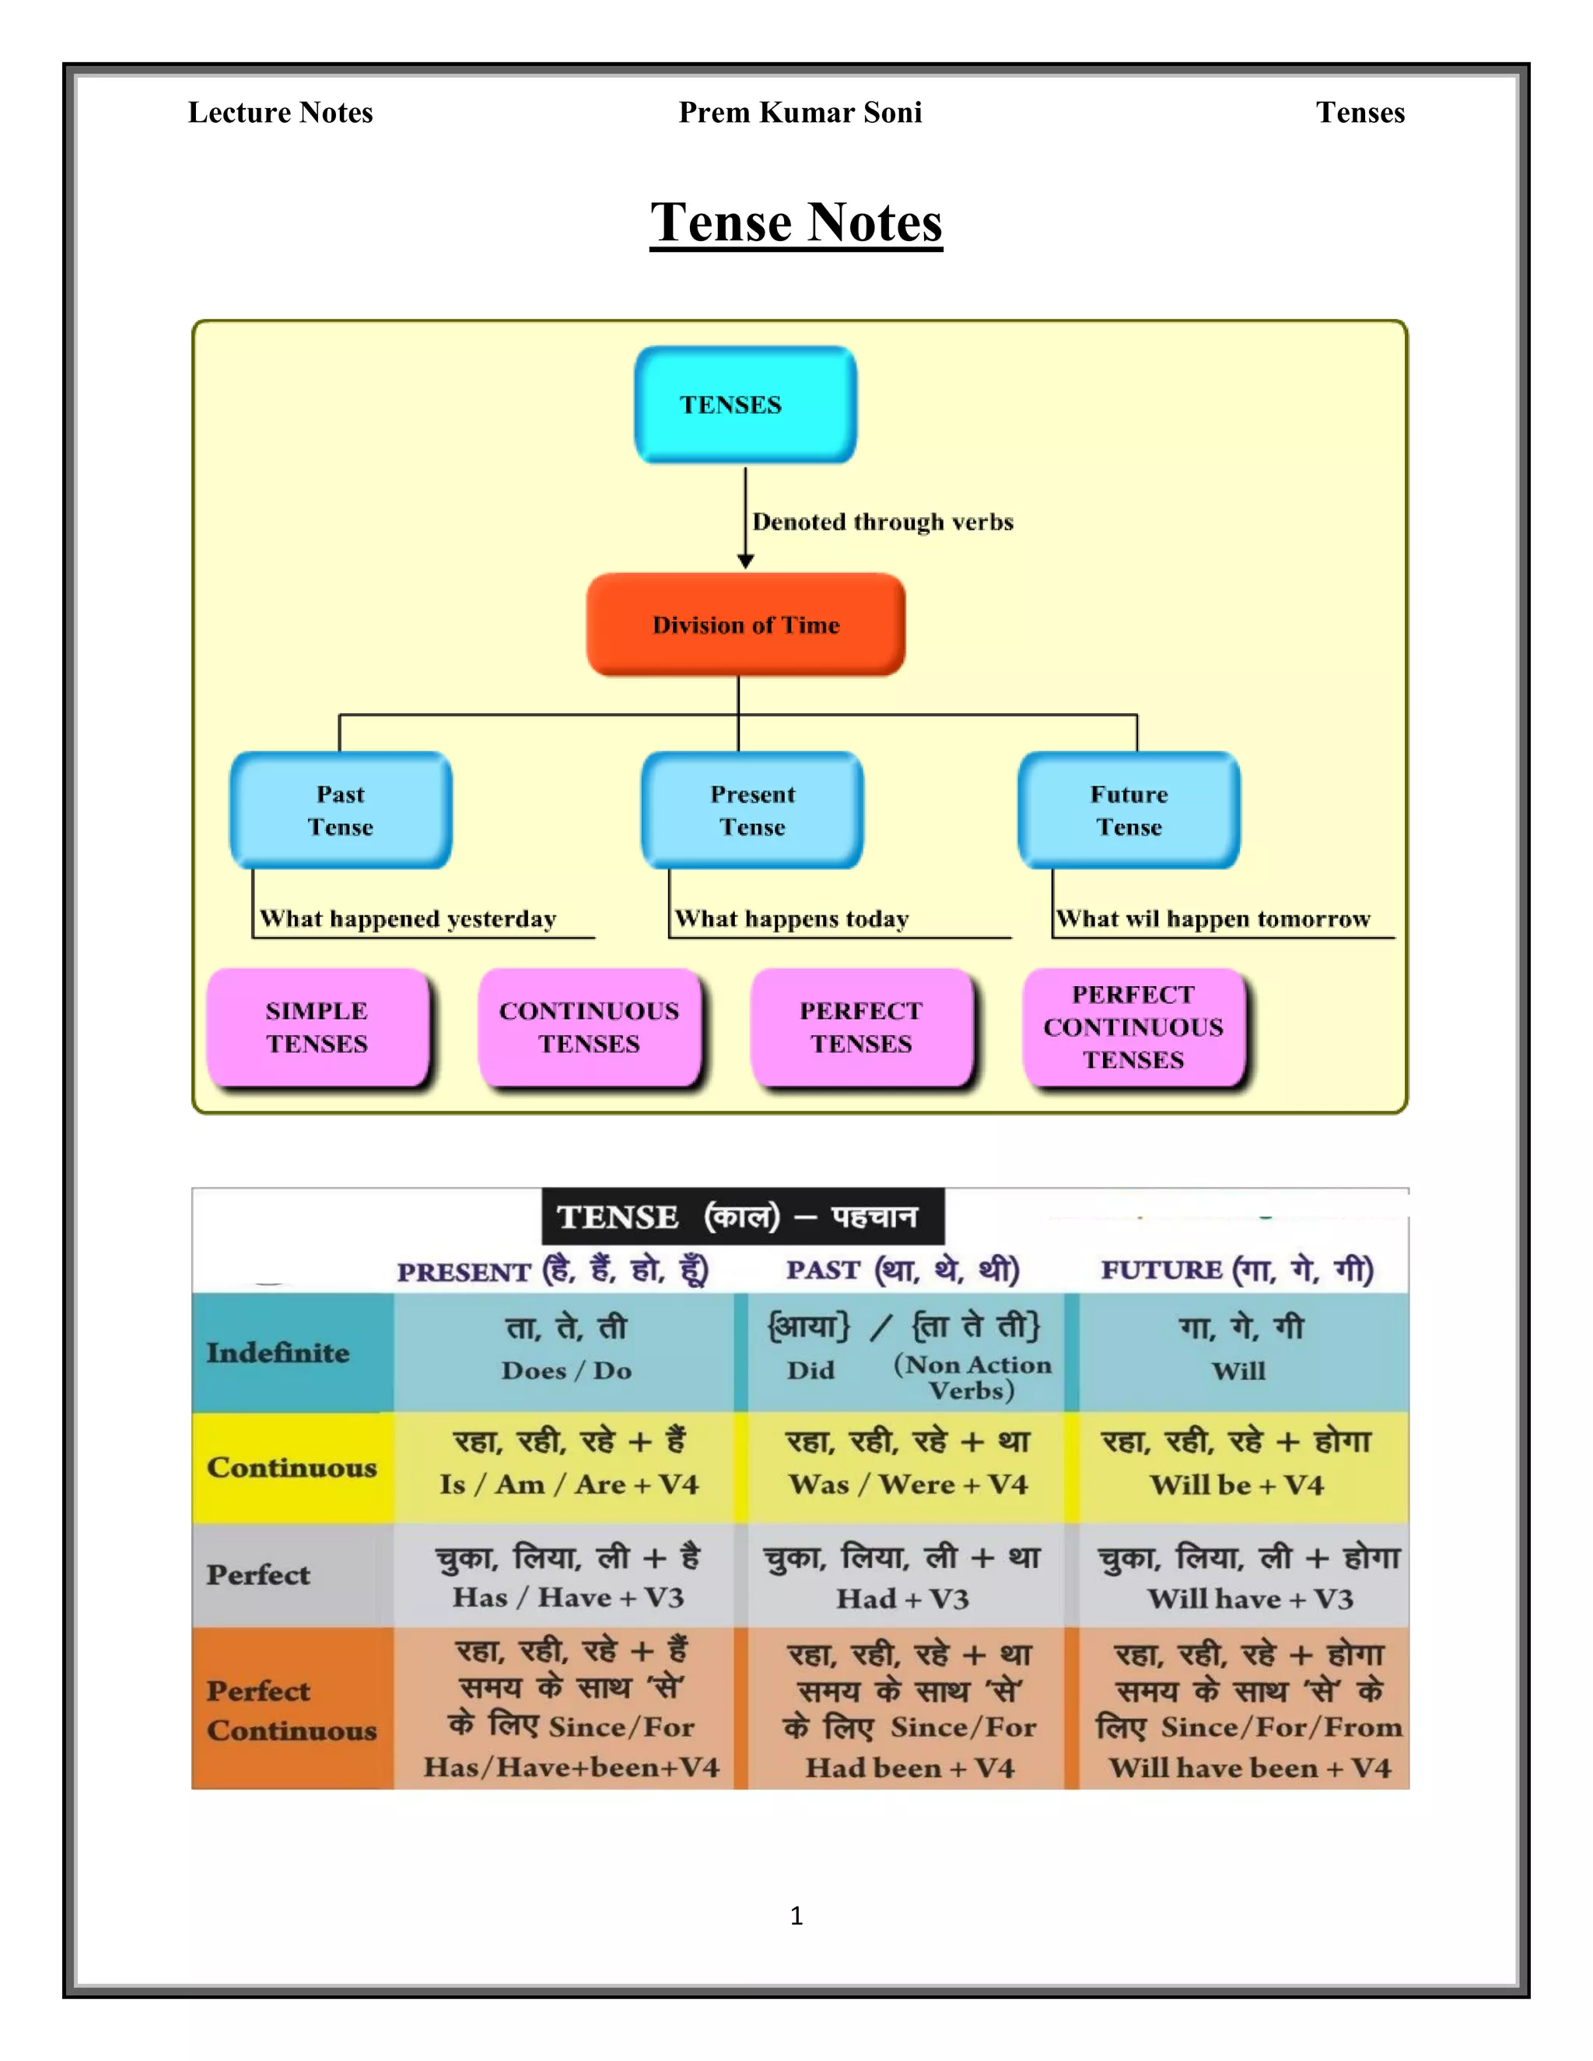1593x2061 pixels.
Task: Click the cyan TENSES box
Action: (744, 405)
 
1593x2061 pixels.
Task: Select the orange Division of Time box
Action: (745, 625)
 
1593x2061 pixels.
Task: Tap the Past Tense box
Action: (341, 810)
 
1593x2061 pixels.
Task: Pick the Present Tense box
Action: (752, 810)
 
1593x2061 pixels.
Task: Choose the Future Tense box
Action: (1129, 810)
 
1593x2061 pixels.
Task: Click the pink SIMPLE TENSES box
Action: (317, 1027)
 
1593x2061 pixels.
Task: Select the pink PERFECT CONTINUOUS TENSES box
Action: (1133, 1027)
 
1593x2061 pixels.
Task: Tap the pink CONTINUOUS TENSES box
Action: (589, 1027)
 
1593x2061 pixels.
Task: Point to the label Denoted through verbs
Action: (882, 522)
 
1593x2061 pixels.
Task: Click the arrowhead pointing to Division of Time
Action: (745, 562)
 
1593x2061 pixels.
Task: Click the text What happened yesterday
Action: (408, 919)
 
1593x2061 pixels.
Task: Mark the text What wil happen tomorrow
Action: (1213, 919)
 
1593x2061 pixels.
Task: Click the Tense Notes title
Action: (796, 222)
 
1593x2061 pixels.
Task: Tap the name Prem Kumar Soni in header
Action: (800, 112)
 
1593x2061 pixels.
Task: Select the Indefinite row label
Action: (278, 1353)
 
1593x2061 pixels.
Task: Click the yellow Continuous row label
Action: (292, 1468)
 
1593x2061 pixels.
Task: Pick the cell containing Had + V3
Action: (903, 1598)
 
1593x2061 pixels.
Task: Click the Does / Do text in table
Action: (566, 1371)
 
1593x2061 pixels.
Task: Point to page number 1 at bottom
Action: (796, 1916)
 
